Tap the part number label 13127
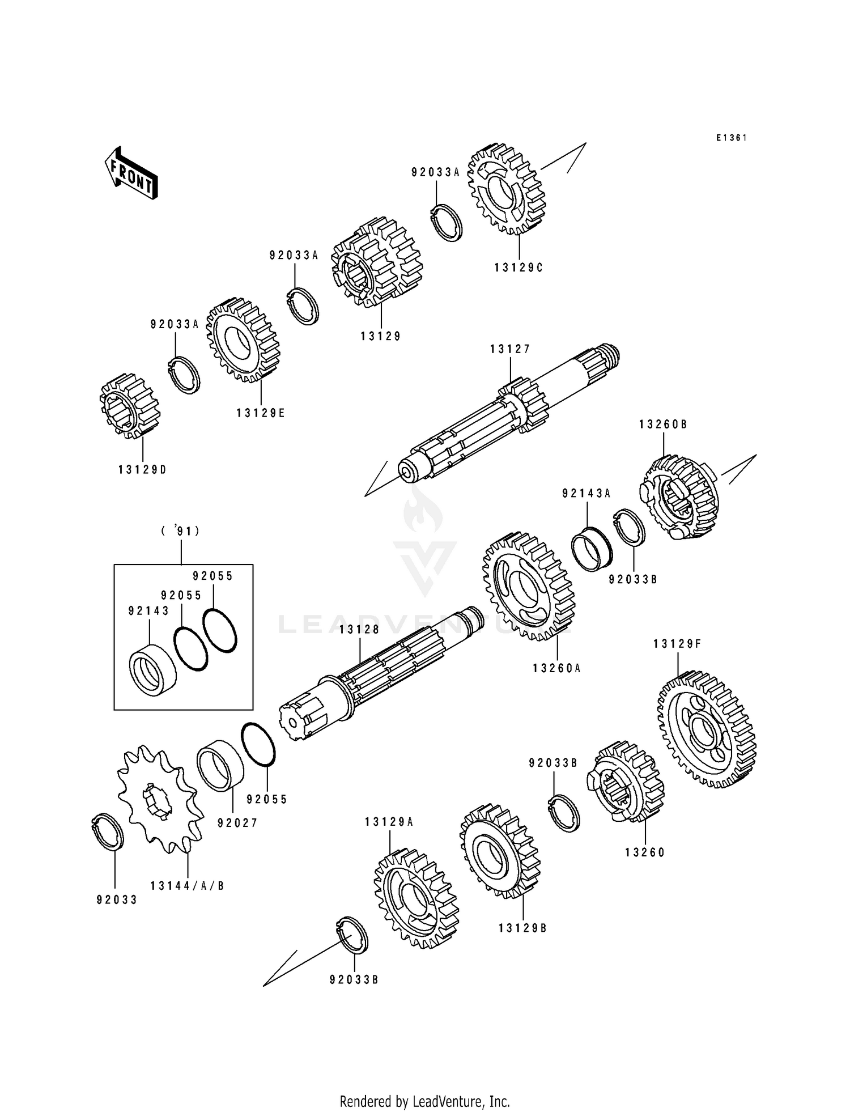point(510,350)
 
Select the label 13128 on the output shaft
point(359,630)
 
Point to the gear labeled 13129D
point(130,406)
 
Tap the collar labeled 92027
point(220,765)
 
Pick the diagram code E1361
point(732,138)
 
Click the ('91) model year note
point(180,531)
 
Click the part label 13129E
point(261,413)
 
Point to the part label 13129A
point(389,822)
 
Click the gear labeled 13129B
point(500,850)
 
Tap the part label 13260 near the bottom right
point(645,852)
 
